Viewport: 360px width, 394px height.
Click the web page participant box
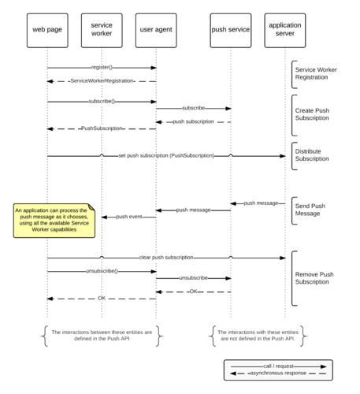[x=47, y=31]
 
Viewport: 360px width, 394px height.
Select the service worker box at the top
[x=102, y=31]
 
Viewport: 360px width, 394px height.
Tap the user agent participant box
[x=156, y=31]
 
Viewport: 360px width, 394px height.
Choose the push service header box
[x=231, y=31]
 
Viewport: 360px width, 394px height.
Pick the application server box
[x=285, y=31]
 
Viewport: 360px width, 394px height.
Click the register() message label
[x=102, y=67]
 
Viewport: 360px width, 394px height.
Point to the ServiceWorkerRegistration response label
[x=102, y=81]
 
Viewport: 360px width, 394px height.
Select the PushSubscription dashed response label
[x=102, y=128]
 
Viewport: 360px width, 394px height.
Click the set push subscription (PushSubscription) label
[x=166, y=155]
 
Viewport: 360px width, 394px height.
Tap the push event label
[x=129, y=217]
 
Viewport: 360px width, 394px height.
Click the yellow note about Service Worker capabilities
[x=54, y=221]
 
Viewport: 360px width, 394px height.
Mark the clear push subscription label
[x=166, y=258]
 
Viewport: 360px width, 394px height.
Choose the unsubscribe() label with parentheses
[x=102, y=271]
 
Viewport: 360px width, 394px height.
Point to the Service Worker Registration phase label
[x=316, y=73]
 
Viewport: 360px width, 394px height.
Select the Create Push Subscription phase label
[x=312, y=114]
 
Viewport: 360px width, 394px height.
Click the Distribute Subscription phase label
[x=312, y=155]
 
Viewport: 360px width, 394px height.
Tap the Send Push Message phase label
[x=310, y=210]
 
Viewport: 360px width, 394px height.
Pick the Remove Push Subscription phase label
[x=314, y=278]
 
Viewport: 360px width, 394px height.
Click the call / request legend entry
[x=278, y=366]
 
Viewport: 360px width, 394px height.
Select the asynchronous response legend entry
[x=278, y=373]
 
